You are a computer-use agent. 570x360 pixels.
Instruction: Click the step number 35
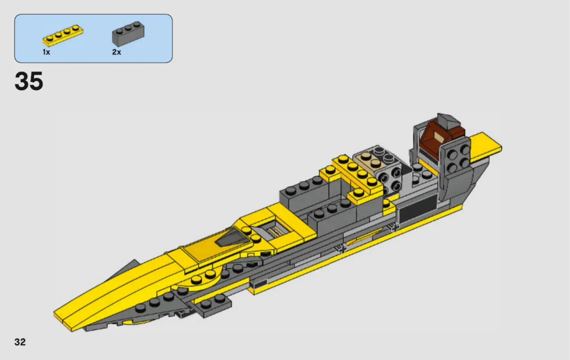click(x=29, y=81)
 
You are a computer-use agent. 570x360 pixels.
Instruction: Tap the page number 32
click(x=20, y=342)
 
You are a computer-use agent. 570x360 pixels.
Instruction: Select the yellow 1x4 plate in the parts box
click(x=63, y=35)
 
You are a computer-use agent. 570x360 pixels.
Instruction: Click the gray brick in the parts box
click(x=128, y=34)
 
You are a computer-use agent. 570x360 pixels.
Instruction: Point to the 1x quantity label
click(x=46, y=52)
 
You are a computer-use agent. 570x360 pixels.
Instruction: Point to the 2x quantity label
click(x=117, y=52)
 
